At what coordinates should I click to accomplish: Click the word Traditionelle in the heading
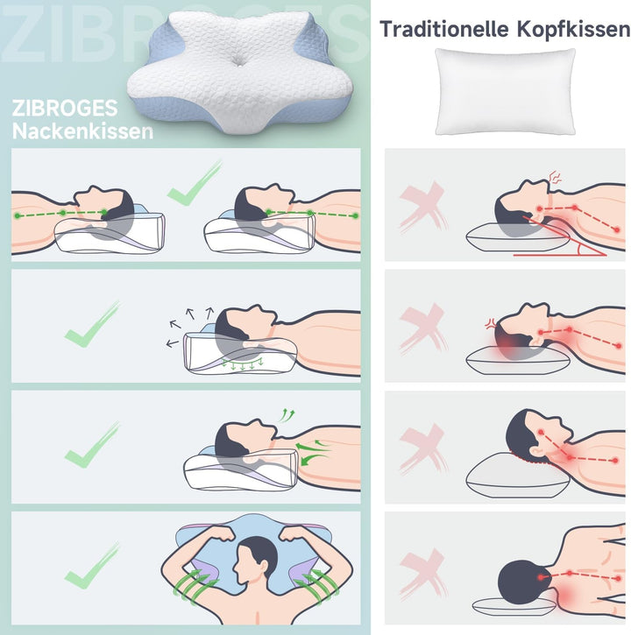pos(444,29)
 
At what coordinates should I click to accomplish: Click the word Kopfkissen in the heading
pos(573,30)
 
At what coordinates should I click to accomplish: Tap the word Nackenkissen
pos(82,131)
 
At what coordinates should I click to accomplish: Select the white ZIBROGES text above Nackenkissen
pos(65,108)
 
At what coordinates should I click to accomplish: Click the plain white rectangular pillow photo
pos(506,91)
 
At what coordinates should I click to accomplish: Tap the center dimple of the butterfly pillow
pos(238,61)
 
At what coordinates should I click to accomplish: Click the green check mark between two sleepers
pos(195,183)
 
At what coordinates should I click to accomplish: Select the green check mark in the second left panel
pos(92,324)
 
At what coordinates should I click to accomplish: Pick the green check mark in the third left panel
pos(92,445)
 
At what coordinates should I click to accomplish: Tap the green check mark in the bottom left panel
pos(92,566)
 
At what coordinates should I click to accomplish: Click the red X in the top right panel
pos(422,207)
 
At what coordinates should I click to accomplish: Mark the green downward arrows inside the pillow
pos(242,363)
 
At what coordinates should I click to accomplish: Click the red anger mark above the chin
pos(555,177)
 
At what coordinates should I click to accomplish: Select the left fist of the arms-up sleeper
pos(220,533)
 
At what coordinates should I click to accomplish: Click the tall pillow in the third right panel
pos(518,475)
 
